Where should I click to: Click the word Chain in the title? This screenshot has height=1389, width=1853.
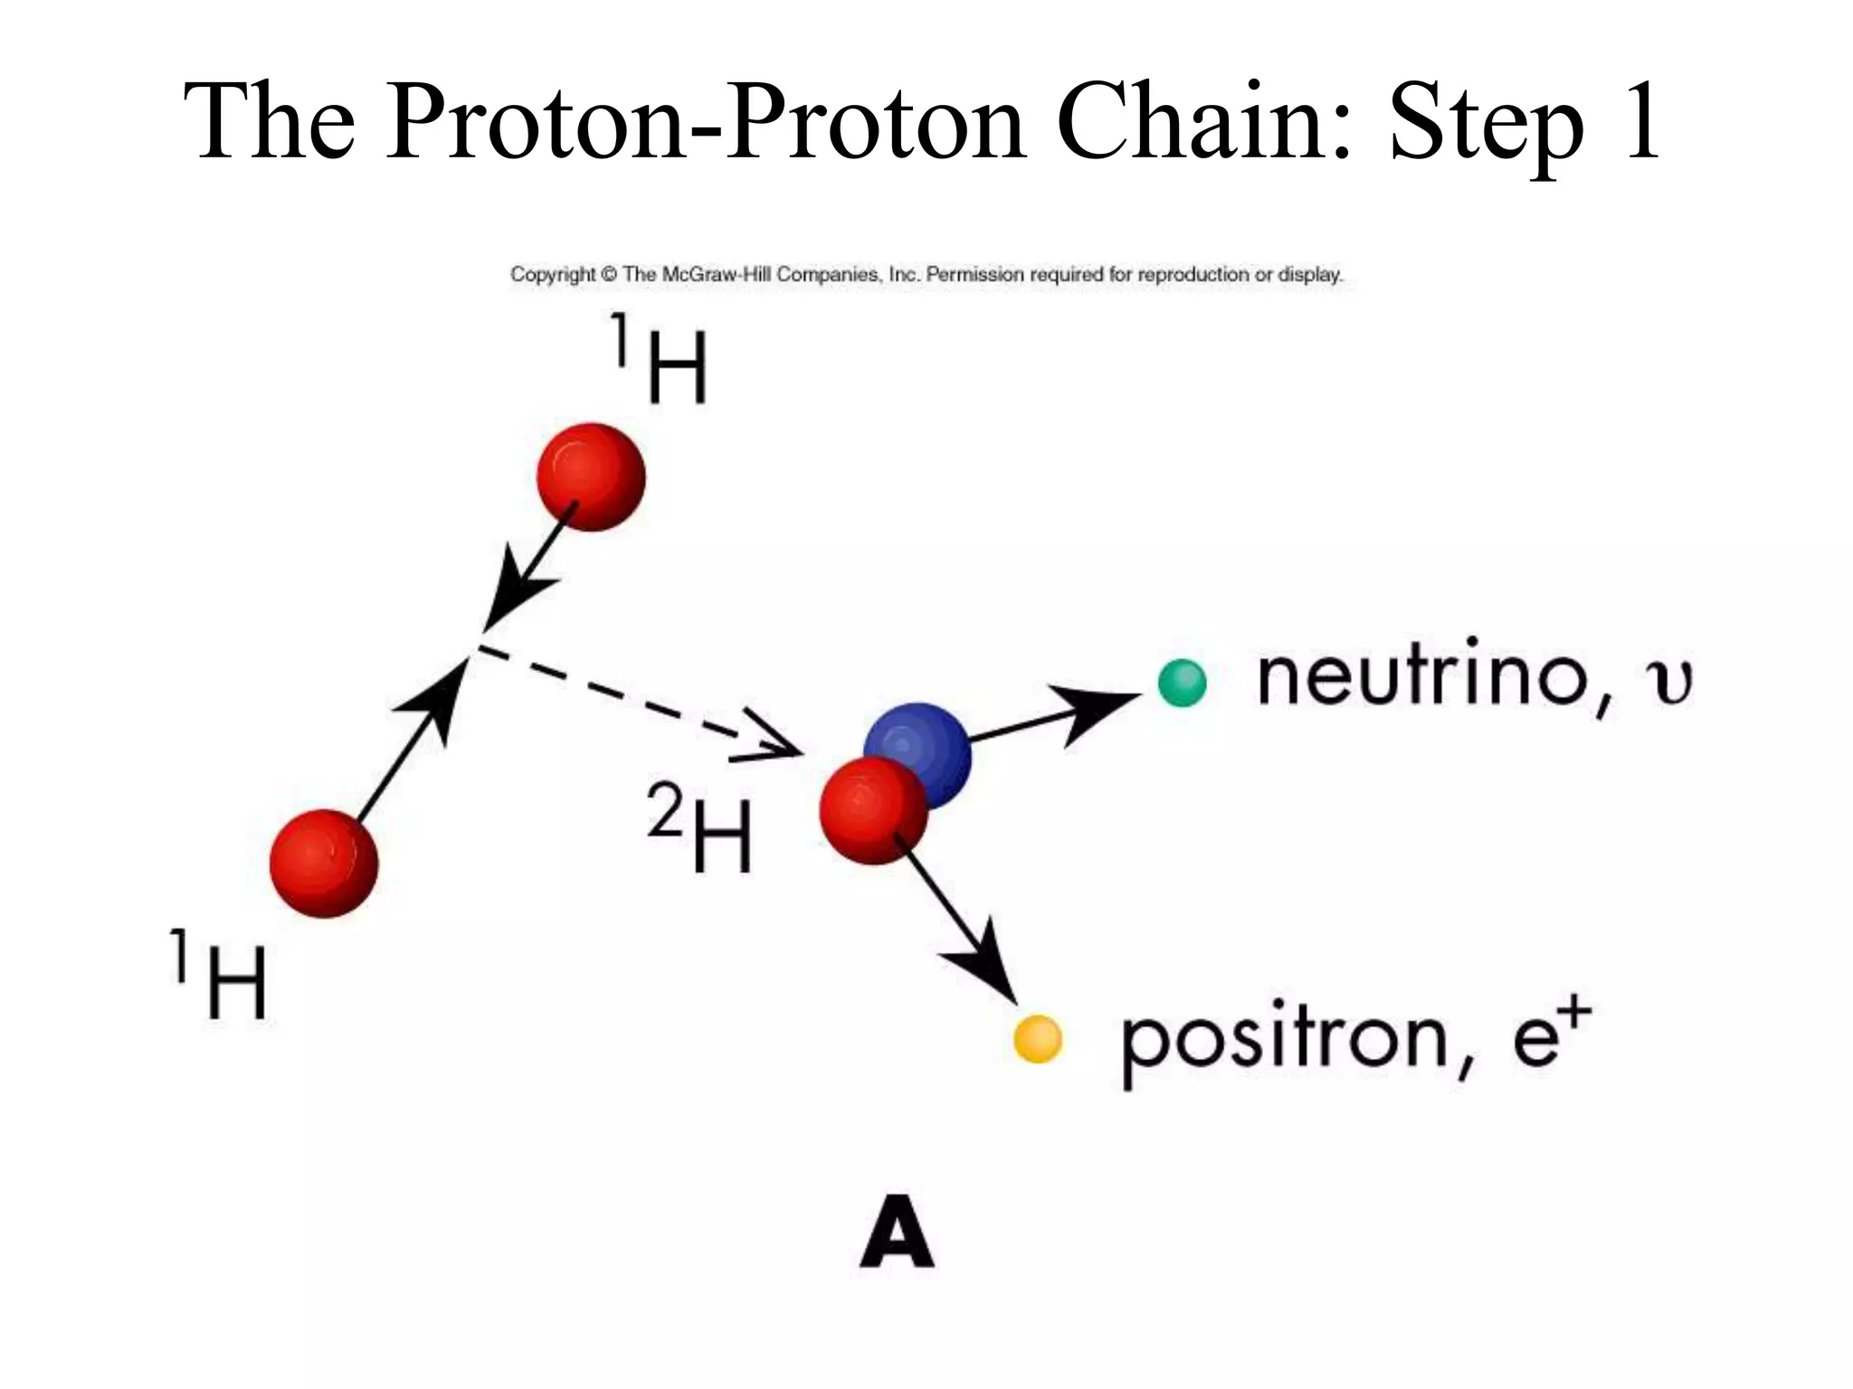1203,122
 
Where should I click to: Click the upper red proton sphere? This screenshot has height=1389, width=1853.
591,477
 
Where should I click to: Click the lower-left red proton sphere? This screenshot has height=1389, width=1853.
324,864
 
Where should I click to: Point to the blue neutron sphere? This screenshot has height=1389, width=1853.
932,742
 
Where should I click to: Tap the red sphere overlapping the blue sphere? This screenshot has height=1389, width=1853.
870,811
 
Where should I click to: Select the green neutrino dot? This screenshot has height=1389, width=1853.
1182,683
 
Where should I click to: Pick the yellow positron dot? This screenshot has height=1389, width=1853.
1037,1038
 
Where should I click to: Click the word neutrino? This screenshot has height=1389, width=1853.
1421,676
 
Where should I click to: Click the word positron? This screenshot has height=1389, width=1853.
1285,1040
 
